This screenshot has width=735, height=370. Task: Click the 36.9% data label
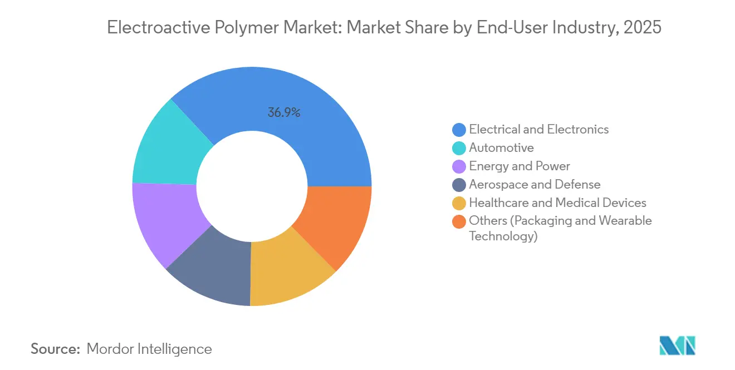point(284,112)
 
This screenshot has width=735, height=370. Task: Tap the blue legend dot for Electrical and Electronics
point(459,130)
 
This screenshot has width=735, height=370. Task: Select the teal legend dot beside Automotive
point(459,148)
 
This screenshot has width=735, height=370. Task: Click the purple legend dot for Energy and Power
point(459,166)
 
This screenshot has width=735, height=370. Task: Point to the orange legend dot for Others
point(459,221)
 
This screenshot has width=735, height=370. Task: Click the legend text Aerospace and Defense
point(535,184)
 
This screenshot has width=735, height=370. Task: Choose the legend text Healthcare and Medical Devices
point(557,203)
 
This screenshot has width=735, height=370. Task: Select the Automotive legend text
point(501,147)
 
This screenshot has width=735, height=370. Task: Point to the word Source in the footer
point(55,349)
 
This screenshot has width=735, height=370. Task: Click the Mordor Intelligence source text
point(149,349)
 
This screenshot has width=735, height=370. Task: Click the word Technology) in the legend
point(503,236)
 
